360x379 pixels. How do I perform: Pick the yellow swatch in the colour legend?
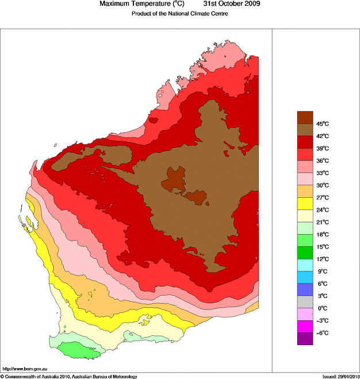(305, 204)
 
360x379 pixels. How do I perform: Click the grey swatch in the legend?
(305, 302)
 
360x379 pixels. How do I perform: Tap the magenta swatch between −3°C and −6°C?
(305, 327)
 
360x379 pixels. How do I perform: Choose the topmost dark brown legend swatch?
(305, 117)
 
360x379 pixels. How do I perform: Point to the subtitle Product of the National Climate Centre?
(180, 14)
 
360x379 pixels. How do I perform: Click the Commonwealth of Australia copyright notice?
(69, 376)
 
